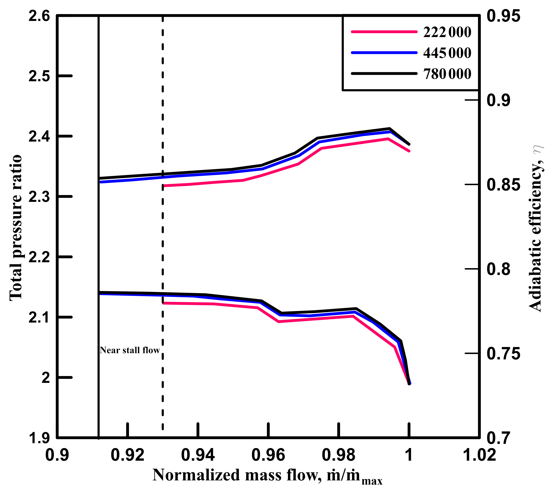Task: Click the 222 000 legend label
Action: click(x=447, y=32)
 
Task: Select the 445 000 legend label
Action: click(x=447, y=53)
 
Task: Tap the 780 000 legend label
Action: click(x=447, y=74)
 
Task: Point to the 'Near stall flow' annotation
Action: click(x=130, y=350)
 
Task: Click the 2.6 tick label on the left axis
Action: click(x=39, y=16)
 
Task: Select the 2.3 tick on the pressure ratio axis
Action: click(x=39, y=197)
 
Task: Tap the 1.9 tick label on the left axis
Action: click(x=39, y=438)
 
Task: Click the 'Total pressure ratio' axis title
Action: click(x=16, y=227)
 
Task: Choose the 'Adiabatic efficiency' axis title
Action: click(x=536, y=227)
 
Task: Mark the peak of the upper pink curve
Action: click(x=388, y=139)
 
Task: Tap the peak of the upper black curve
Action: click(x=389, y=128)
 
